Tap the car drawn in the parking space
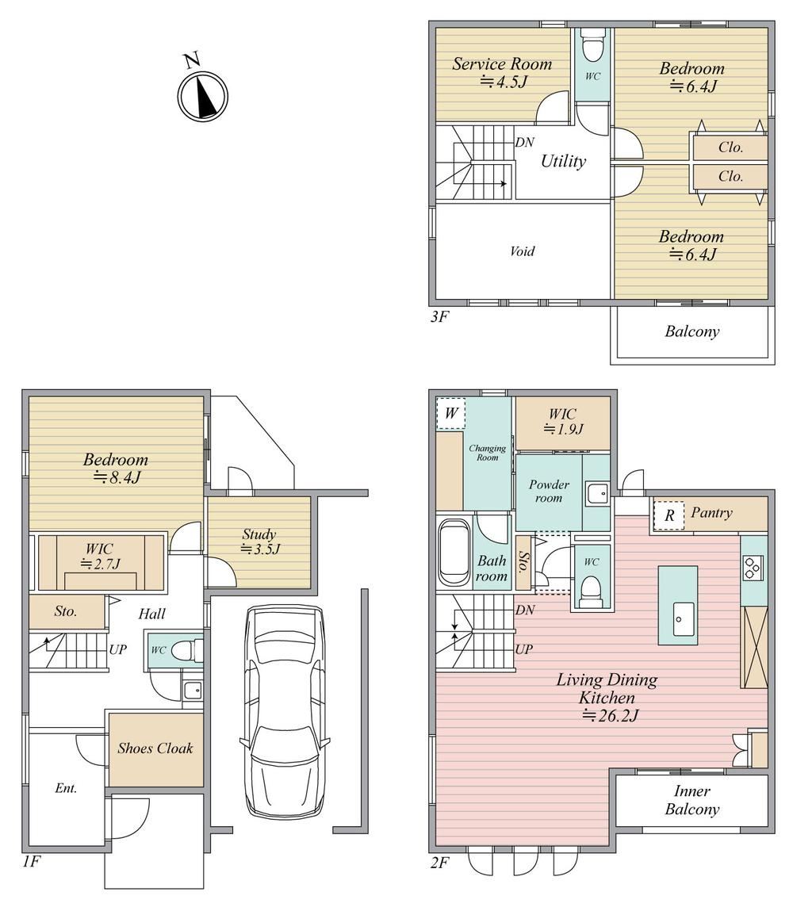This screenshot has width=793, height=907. (x=285, y=711)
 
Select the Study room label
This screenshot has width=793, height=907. (x=259, y=534)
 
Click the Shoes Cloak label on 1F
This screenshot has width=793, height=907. (x=155, y=748)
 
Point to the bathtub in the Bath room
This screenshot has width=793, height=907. (x=454, y=553)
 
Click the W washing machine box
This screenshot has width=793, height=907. (x=451, y=414)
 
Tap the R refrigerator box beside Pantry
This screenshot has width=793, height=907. (x=669, y=516)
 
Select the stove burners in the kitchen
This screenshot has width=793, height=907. (x=753, y=568)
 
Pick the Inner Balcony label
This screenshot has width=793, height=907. (x=692, y=800)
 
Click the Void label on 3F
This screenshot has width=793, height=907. (x=523, y=251)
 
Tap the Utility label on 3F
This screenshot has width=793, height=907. (x=563, y=161)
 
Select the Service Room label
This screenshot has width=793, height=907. (x=502, y=63)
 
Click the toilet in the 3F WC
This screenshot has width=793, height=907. (x=592, y=44)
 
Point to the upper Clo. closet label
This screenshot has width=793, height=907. (x=730, y=147)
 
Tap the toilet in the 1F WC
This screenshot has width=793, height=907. (x=187, y=649)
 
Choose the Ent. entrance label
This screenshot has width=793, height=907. (x=66, y=788)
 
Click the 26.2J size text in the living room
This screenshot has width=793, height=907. (x=611, y=716)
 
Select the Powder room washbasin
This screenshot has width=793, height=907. (x=596, y=493)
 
